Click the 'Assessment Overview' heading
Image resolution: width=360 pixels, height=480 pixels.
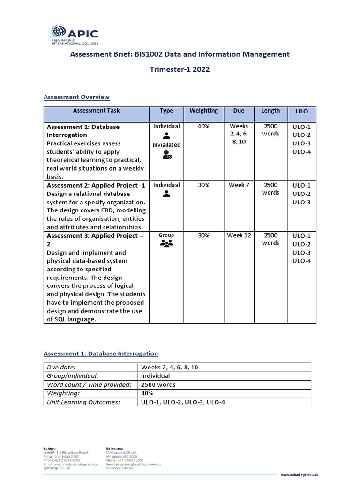(x=76, y=97)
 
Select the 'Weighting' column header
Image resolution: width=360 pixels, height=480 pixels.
(x=203, y=111)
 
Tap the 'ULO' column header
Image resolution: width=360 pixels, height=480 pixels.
(x=302, y=112)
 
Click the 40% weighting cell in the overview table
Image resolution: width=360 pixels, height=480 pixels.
(x=203, y=126)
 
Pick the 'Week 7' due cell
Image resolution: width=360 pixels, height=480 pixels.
(x=239, y=185)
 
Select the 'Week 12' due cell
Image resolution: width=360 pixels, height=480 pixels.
(x=239, y=235)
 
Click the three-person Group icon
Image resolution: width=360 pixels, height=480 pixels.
(x=166, y=243)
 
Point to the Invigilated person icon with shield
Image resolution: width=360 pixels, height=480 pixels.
(x=167, y=156)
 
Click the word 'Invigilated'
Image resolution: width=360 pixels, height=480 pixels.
(x=166, y=145)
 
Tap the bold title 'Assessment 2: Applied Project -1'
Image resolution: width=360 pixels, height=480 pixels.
(x=96, y=185)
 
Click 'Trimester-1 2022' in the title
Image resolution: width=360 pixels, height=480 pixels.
(x=180, y=69)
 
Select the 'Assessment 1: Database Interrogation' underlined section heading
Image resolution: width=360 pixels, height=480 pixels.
(x=101, y=353)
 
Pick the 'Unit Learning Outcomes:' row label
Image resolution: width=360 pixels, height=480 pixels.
(x=83, y=402)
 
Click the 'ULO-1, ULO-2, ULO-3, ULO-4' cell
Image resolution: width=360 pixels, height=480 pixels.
(x=183, y=402)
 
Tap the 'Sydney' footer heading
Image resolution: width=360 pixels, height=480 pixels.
(x=49, y=449)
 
